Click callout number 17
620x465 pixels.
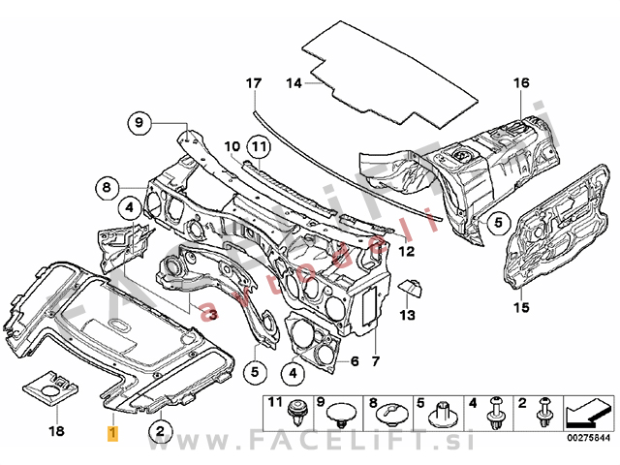point(254,83)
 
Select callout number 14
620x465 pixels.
point(294,83)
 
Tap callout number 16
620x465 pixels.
point(522,83)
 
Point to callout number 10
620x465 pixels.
point(232,147)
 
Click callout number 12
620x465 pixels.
point(406,251)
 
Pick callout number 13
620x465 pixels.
point(408,315)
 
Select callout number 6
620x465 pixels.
point(354,361)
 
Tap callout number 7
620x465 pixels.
point(375,361)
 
